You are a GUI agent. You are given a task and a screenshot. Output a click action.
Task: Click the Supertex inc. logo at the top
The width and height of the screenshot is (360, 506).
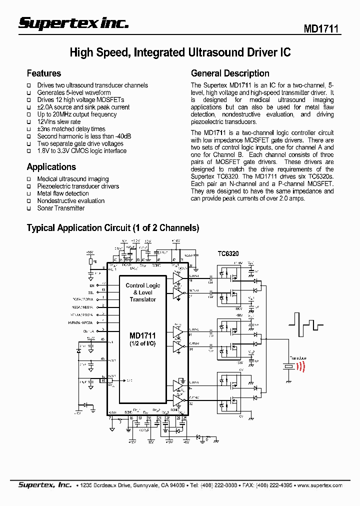[x=74, y=23]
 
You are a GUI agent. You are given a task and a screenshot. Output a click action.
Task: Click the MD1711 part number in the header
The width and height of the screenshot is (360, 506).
[x=321, y=29]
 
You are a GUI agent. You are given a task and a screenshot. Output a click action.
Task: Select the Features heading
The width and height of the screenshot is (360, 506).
[x=44, y=73]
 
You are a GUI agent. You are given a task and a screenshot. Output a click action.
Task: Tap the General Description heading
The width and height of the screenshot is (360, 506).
[x=230, y=73]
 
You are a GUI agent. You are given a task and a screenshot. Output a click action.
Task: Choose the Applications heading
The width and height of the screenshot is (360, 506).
[x=51, y=167]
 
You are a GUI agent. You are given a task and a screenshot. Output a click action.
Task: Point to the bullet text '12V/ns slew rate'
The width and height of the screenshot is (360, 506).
[x=59, y=121]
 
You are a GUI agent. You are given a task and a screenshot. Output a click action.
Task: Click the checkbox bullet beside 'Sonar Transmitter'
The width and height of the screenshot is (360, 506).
[x=29, y=208]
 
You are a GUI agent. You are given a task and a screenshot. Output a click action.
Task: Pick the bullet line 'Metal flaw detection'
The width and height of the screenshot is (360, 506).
[x=63, y=193]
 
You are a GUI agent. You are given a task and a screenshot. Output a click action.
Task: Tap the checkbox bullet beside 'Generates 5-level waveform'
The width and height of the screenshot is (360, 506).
[x=29, y=93]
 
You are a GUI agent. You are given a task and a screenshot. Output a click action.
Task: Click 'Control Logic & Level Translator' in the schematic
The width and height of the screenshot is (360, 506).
[x=143, y=292]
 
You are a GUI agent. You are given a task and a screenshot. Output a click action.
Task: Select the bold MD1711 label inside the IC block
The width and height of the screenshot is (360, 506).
[x=142, y=336]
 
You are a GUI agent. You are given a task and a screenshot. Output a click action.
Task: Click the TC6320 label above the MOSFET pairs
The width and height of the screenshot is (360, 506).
[x=228, y=254]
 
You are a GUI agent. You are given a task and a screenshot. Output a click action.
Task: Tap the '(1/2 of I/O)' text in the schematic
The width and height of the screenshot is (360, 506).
[x=142, y=343]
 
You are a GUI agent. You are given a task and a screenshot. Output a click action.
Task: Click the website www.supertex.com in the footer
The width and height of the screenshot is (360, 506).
[x=320, y=485]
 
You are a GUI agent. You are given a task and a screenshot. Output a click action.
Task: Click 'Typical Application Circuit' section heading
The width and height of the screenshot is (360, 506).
[x=112, y=228]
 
